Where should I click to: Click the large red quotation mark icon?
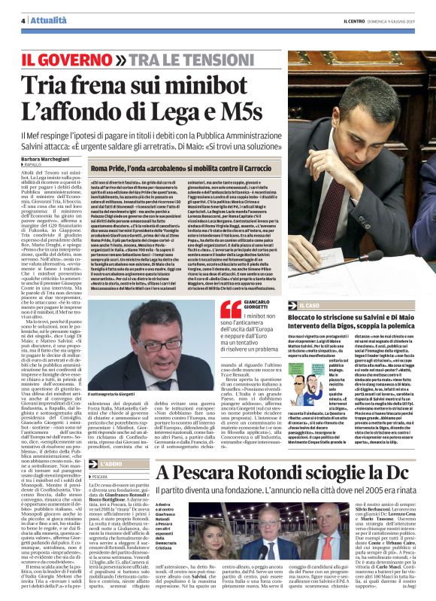[231, 310]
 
